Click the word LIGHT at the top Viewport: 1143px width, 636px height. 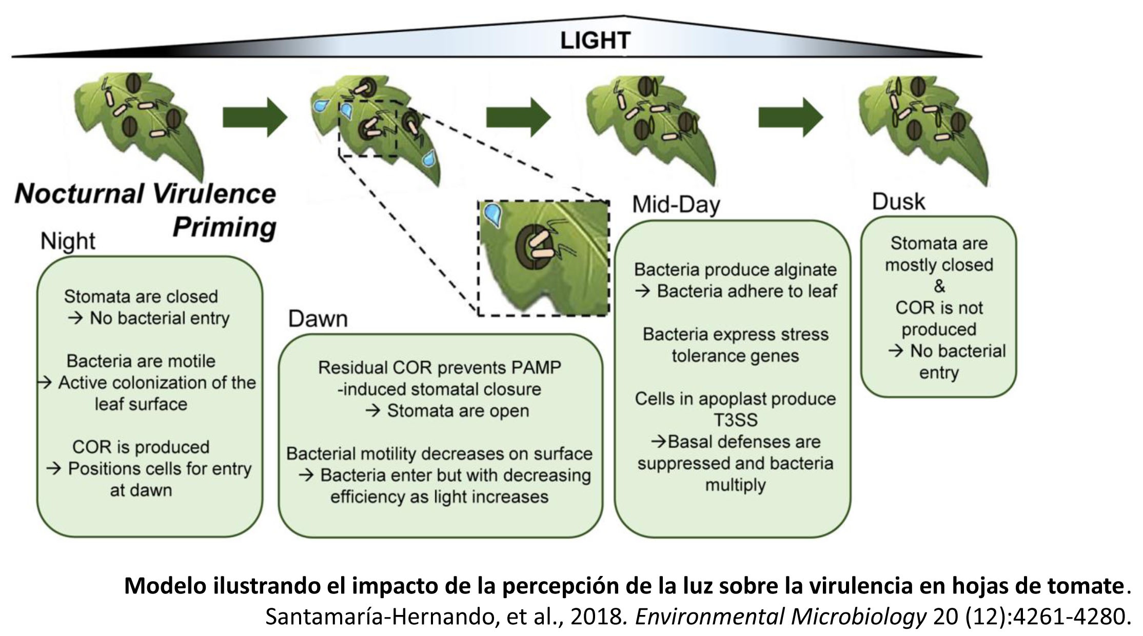tap(595, 41)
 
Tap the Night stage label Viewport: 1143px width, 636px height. tap(68, 241)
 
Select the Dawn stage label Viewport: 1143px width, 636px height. tap(318, 319)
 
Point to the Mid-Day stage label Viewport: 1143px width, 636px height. tap(676, 205)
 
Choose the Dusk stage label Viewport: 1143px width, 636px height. tap(898, 202)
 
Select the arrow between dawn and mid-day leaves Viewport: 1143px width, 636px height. tap(518, 117)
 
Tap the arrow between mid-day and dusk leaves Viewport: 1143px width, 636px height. tap(791, 117)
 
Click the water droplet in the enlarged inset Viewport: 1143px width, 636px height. tap(494, 215)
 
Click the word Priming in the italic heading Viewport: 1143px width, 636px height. tap(224, 227)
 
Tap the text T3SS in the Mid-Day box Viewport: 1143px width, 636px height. tap(735, 420)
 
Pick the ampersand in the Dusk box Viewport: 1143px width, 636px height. tap(939, 286)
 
